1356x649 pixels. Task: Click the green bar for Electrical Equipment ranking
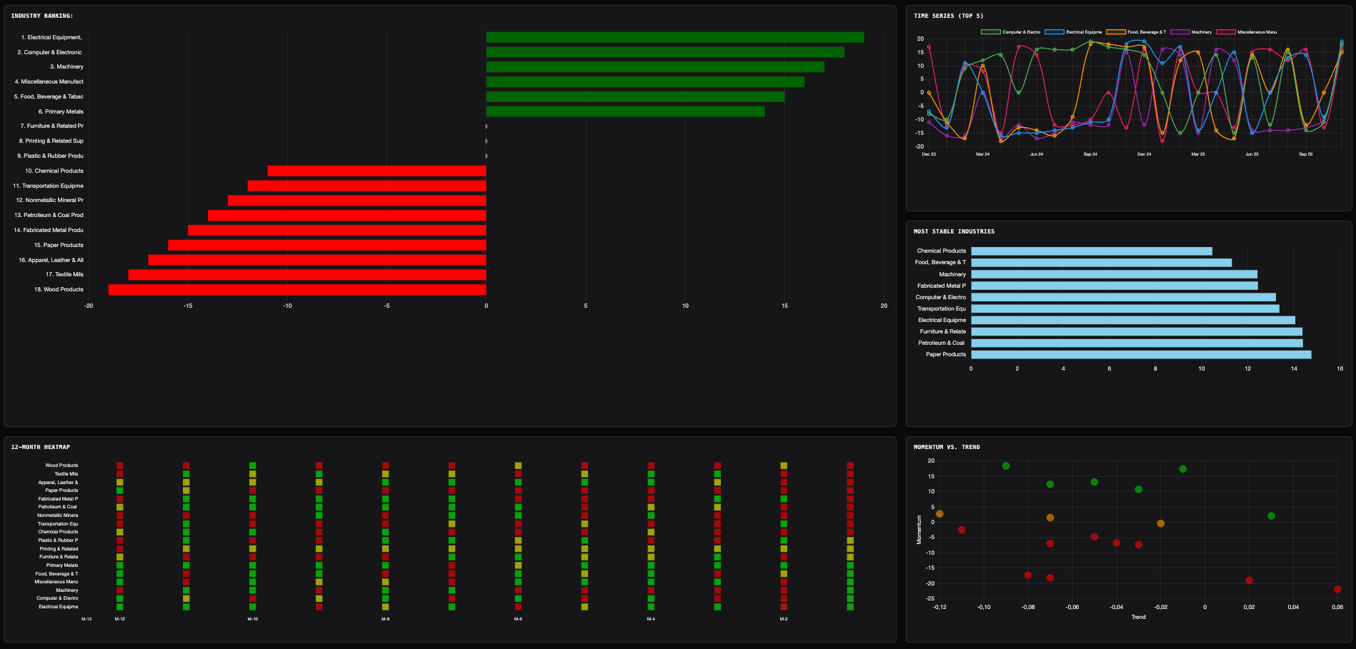(674, 37)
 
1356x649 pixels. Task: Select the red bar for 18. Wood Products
(297, 289)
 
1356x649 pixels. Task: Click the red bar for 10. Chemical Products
(377, 171)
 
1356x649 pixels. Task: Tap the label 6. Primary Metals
(61, 111)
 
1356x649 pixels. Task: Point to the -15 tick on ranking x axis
(188, 306)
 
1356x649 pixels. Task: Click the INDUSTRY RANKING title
(42, 16)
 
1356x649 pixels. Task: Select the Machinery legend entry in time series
(1192, 32)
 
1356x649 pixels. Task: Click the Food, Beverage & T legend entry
(1137, 32)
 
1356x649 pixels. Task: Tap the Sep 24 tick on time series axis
(1090, 154)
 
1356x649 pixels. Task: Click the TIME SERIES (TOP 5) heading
(948, 16)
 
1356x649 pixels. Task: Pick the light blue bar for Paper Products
(1141, 354)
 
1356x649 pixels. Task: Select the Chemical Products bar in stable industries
(1091, 251)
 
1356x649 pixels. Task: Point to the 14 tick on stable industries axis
(1294, 368)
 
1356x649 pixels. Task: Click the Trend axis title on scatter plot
(1138, 617)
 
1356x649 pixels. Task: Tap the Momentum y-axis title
(919, 530)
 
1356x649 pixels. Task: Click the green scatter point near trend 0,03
(1271, 515)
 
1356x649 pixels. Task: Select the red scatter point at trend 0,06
(1337, 589)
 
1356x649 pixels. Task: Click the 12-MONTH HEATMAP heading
(41, 447)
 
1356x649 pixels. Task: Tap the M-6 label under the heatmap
(518, 619)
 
